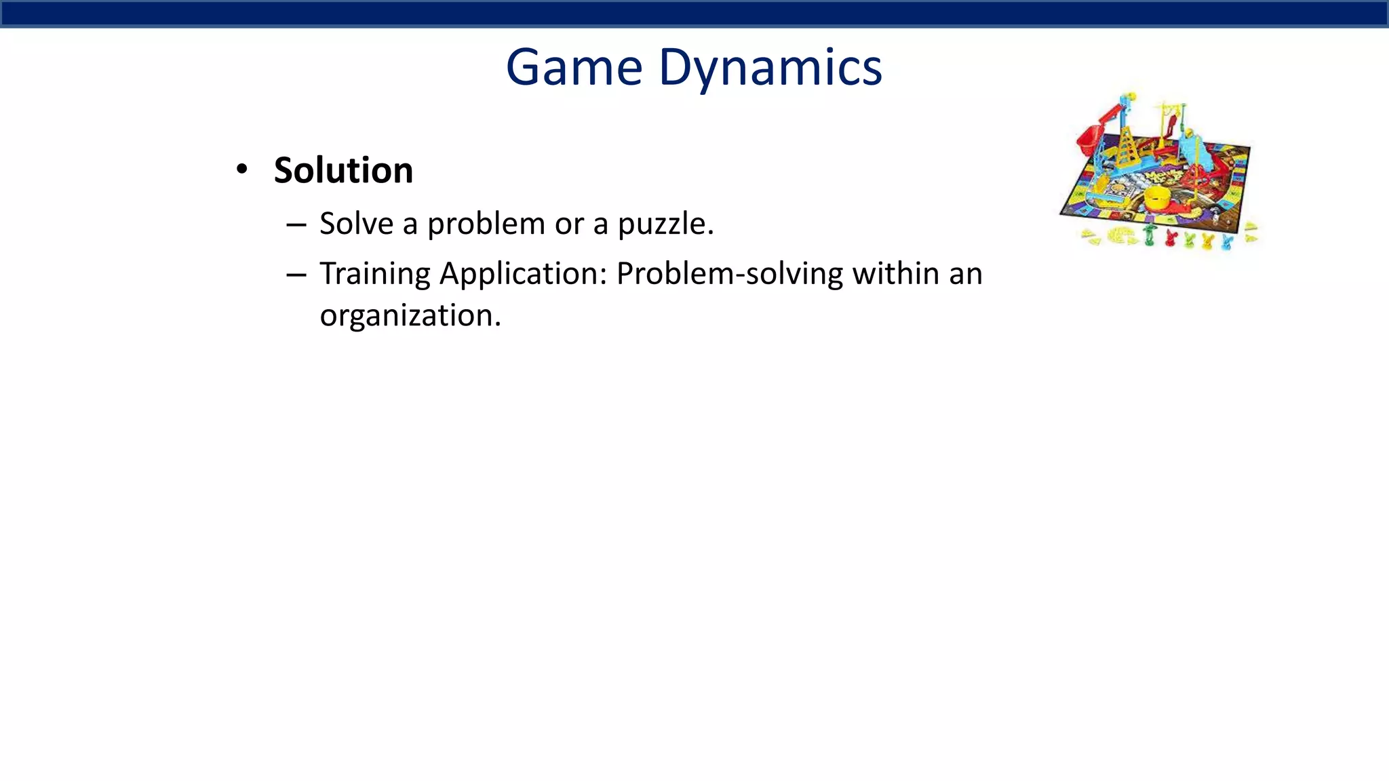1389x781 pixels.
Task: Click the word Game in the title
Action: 574,68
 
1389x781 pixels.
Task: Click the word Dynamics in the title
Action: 770,68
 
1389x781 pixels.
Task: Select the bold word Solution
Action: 343,170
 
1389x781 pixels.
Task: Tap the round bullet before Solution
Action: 242,169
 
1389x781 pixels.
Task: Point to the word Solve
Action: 356,224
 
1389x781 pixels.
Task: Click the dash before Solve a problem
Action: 296,224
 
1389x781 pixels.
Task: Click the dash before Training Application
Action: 296,275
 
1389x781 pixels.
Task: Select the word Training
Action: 375,275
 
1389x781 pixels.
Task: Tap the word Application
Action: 523,275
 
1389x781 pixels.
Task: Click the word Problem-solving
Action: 729,275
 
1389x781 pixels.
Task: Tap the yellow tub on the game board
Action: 1158,198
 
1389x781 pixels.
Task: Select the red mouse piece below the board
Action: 1170,238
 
